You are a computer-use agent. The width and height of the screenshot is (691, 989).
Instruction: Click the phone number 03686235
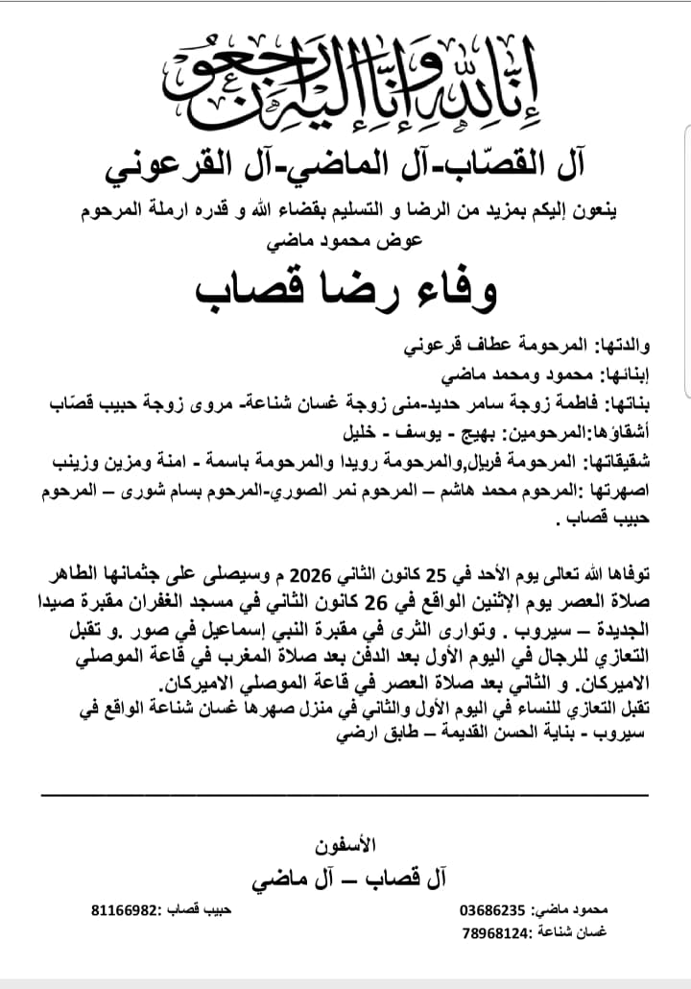click(492, 909)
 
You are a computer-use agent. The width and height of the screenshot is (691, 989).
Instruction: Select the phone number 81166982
click(124, 909)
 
